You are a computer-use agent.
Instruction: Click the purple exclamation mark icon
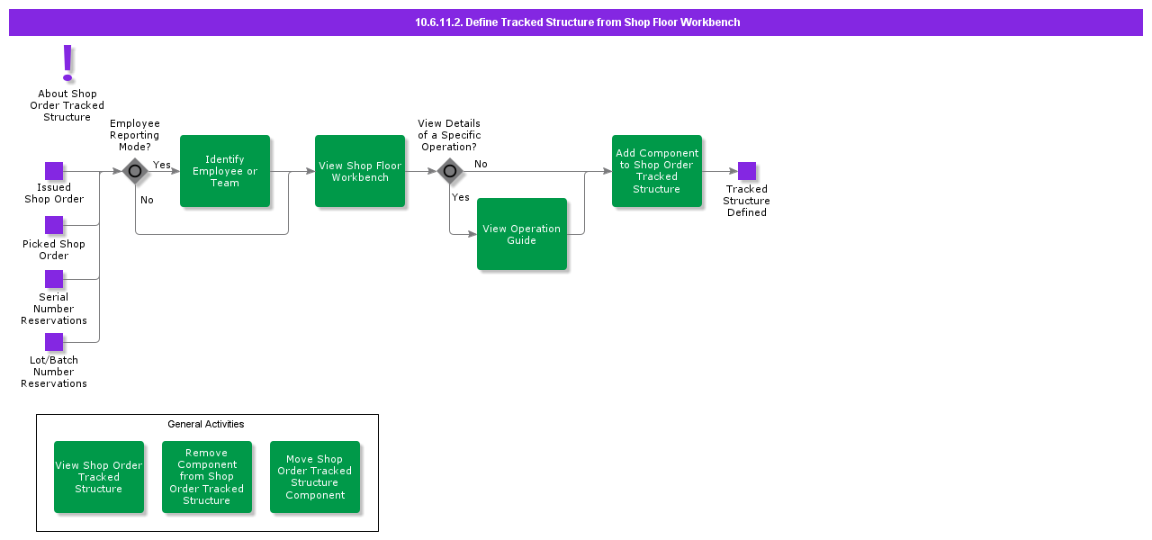pos(67,63)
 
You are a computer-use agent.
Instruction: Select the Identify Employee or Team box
pos(225,171)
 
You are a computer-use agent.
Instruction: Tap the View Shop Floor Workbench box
pos(360,171)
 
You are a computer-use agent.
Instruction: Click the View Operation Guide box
pos(522,234)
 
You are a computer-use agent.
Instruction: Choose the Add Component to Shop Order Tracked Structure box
pos(657,171)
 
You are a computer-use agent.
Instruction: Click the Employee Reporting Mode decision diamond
pos(135,171)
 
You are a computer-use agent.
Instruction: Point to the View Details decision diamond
pos(450,171)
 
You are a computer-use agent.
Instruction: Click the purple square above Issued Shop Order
pos(54,171)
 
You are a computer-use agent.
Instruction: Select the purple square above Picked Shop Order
pos(54,225)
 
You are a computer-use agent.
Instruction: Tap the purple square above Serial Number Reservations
pos(54,279)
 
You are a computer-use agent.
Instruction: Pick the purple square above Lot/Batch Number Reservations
pos(54,342)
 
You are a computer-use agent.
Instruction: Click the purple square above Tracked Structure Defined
pos(747,171)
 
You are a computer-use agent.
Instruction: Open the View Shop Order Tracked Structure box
pos(99,477)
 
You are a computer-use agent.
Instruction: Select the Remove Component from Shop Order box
pos(207,477)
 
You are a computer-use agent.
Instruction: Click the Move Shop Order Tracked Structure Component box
pos(315,477)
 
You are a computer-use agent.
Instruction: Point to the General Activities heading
pos(206,424)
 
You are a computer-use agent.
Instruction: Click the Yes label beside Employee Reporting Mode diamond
pos(161,165)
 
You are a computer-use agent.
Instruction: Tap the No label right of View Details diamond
pos(481,164)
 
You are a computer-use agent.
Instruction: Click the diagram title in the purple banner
pos(578,22)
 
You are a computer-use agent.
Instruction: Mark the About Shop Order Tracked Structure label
pos(67,105)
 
